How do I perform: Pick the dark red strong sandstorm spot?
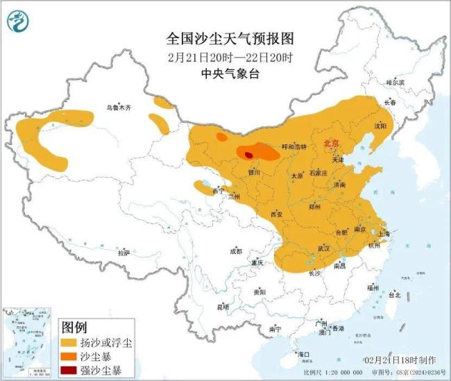pos(248,156)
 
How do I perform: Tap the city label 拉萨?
pos(124,253)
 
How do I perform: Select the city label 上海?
pos(385,235)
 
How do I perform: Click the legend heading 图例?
pos(74,326)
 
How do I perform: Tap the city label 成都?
pos(235,251)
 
